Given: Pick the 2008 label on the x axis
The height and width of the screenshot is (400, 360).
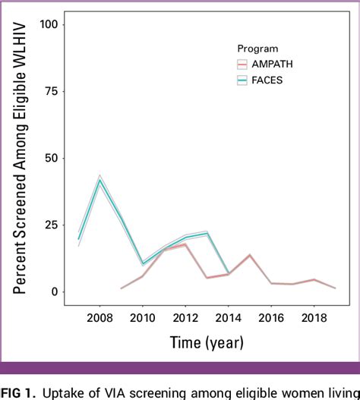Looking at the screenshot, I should click(99, 316).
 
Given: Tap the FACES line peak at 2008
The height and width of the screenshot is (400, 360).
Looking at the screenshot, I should click(99, 180).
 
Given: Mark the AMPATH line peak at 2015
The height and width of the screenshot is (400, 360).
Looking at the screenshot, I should click(250, 255).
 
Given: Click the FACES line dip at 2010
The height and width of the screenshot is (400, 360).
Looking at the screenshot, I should click(143, 264).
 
